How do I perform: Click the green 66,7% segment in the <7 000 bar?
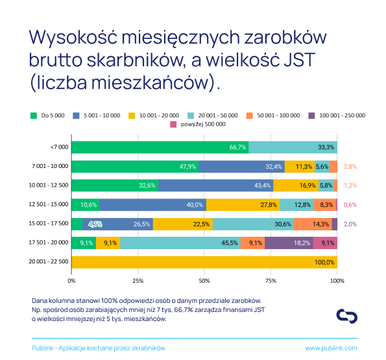tap(160, 147)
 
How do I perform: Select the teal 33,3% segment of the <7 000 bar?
tap(293, 147)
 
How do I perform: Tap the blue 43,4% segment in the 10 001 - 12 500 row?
tap(215, 186)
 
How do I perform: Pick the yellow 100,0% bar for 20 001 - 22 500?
tap(204, 262)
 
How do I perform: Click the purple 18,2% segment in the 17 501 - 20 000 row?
tap(289, 243)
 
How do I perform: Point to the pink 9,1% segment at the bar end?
tap(325, 243)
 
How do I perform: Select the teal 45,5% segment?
tap(180, 243)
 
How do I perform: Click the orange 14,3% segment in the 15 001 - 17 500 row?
tap(313, 224)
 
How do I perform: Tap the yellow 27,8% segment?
tap(243, 205)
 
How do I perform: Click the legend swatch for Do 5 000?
tap(34, 115)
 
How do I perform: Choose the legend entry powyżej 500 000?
tap(198, 125)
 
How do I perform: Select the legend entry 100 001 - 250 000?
tap(337, 115)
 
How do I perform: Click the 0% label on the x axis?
tap(71, 281)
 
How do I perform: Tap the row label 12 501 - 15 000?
tap(49, 204)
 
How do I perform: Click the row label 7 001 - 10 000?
tap(50, 166)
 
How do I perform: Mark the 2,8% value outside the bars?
tap(350, 167)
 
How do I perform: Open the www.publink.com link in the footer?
tap(332, 348)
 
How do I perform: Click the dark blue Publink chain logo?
tap(347, 316)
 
